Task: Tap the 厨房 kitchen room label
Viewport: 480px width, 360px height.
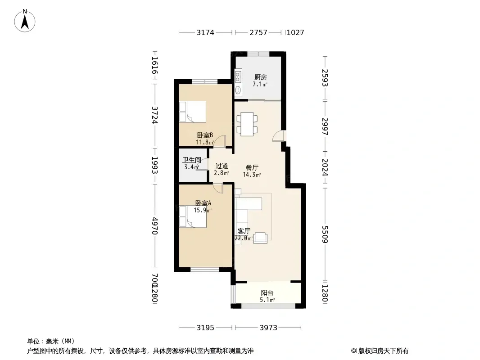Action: click(261, 77)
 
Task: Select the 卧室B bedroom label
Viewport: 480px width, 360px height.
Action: click(205, 135)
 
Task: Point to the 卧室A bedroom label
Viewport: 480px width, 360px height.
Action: click(203, 203)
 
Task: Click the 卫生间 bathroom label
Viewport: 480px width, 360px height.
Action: click(192, 160)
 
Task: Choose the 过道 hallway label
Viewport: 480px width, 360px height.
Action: click(222, 166)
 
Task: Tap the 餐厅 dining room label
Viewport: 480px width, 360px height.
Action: click(252, 167)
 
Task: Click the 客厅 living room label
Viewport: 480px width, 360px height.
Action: click(244, 231)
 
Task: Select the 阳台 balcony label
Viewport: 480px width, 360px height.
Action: click(267, 292)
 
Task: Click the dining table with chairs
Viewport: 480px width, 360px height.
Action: click(247, 124)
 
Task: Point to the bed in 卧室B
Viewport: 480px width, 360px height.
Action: click(193, 112)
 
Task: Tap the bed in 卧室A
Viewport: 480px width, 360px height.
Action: click(193, 217)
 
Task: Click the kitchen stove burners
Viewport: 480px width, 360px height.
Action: click(238, 76)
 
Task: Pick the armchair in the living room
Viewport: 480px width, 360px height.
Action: click(260, 238)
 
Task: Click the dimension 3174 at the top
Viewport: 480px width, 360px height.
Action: click(205, 32)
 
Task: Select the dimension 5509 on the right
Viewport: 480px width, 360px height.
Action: click(325, 234)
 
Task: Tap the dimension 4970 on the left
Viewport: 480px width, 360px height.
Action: click(155, 226)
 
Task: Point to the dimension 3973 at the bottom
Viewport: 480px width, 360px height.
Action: click(268, 328)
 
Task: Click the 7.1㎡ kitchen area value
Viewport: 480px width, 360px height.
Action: click(260, 84)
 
